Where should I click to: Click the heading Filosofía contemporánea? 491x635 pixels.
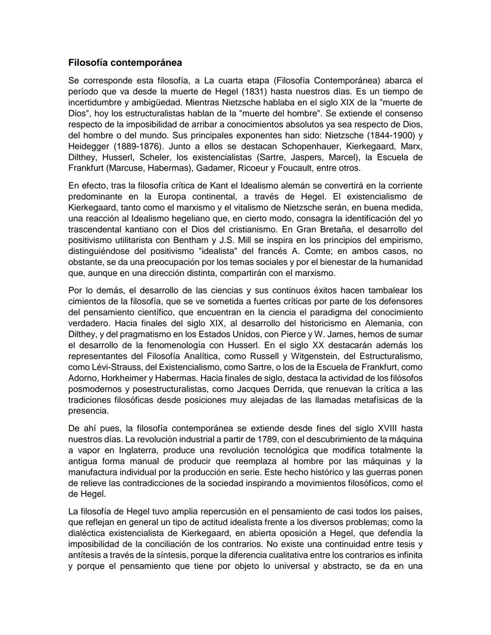pyautogui.click(x=125, y=62)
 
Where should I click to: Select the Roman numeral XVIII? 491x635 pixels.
pyautogui.click(x=388, y=428)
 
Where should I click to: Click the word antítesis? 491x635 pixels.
pyautogui.click(x=85, y=555)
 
